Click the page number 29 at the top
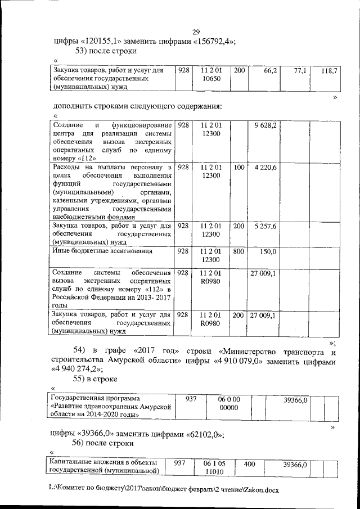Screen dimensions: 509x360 196,32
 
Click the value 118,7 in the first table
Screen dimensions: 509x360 329,72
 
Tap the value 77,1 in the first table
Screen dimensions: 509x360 301,72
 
